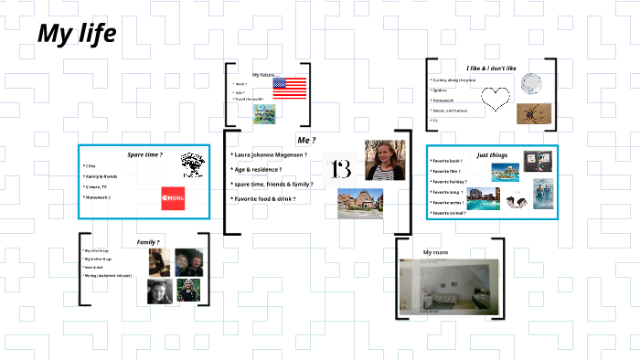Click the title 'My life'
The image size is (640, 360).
(x=77, y=34)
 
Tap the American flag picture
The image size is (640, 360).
(x=290, y=88)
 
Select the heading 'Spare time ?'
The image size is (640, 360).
(x=144, y=155)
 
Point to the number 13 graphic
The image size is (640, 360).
(x=341, y=168)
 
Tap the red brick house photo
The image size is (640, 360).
(x=359, y=203)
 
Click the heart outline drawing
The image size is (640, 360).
(x=495, y=98)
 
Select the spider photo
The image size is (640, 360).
(x=530, y=113)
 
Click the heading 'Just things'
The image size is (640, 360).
(x=492, y=155)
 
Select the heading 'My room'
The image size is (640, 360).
(x=437, y=251)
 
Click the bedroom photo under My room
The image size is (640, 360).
(x=449, y=286)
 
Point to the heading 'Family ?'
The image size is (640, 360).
(x=148, y=241)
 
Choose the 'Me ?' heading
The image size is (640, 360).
(x=306, y=139)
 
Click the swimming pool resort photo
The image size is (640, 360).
(x=487, y=199)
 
